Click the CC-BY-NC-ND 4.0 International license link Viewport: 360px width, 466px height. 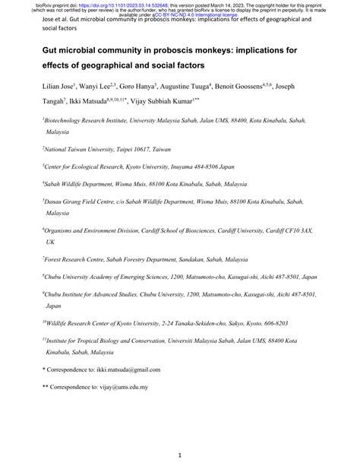186,14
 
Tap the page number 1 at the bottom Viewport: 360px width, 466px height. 179,455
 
